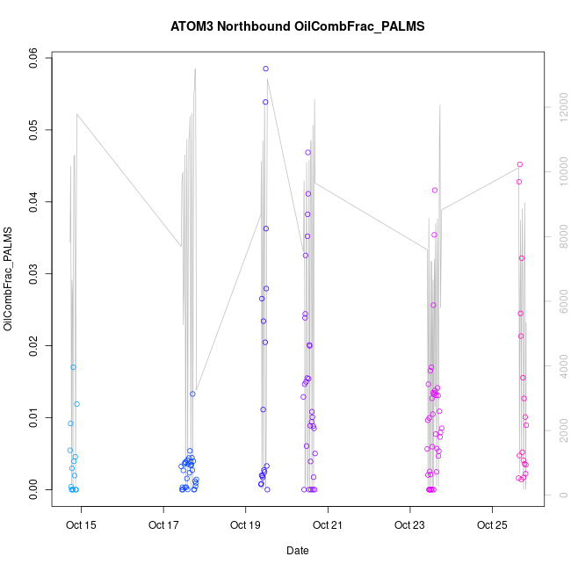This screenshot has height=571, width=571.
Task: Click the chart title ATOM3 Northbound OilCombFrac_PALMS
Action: [x=297, y=26]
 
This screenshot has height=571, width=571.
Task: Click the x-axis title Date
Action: [x=297, y=551]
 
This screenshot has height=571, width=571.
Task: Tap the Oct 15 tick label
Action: [x=82, y=527]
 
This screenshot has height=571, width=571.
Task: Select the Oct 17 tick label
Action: [x=163, y=527]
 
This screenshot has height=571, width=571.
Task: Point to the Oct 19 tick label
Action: [x=245, y=527]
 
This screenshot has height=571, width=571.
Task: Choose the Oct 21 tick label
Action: [x=328, y=527]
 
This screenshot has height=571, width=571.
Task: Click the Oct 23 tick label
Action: [x=409, y=527]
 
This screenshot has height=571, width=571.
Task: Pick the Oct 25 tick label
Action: [x=492, y=527]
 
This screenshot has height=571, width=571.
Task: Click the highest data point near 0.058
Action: [x=265, y=69]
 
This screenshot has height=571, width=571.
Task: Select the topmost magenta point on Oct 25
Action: [x=520, y=164]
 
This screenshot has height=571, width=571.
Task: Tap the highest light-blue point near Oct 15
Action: [x=74, y=367]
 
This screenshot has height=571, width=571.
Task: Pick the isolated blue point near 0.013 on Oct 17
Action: [x=192, y=394]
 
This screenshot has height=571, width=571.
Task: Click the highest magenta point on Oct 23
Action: [x=435, y=190]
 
